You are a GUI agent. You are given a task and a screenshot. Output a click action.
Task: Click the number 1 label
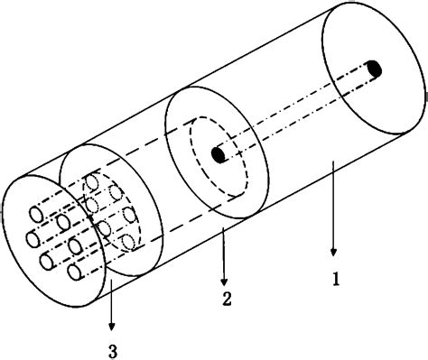[335, 281]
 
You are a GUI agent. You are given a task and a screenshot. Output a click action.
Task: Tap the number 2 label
[226, 297]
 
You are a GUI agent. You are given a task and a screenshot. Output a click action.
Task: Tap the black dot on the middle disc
[218, 155]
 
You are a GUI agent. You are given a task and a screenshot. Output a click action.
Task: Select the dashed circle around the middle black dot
[192, 154]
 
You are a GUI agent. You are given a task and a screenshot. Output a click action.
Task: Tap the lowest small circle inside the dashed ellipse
[129, 241]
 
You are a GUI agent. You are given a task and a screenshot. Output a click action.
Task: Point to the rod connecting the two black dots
[298, 110]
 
